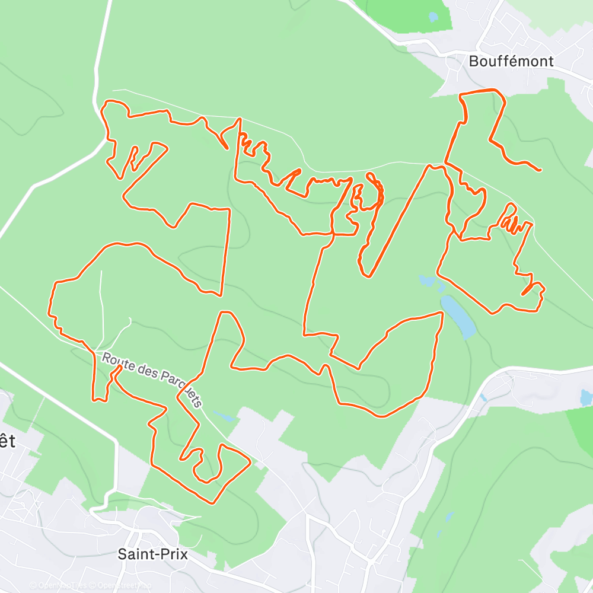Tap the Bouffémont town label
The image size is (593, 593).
(x=511, y=61)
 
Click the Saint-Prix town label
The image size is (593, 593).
(x=152, y=554)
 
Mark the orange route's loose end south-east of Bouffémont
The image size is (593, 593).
(x=540, y=170)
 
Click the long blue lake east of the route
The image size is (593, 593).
(x=458, y=317)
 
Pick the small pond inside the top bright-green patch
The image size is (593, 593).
(x=433, y=17)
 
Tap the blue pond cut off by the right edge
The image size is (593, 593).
(x=586, y=398)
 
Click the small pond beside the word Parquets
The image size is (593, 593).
(x=224, y=416)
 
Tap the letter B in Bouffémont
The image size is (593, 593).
(x=473, y=61)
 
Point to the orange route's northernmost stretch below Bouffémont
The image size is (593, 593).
(x=480, y=91)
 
